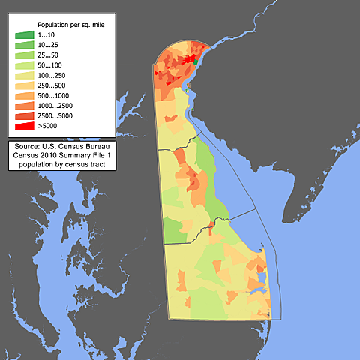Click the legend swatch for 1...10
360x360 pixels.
(24, 35)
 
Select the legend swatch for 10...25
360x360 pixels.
(24, 46)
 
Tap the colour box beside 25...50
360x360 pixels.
(24, 56)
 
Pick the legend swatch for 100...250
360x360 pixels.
(24, 76)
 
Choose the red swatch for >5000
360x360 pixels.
(24, 128)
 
